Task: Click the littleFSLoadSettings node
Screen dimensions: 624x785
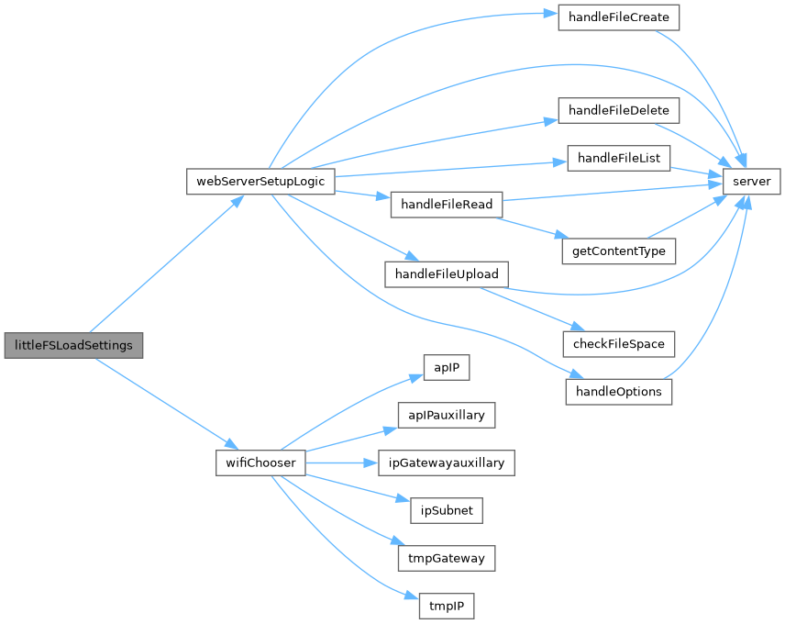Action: (74, 346)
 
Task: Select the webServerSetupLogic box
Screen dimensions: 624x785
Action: (260, 181)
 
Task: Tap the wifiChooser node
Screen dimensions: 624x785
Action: (260, 462)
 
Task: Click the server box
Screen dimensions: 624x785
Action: (752, 181)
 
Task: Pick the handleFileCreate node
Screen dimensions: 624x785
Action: (619, 17)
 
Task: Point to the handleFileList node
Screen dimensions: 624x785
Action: (619, 158)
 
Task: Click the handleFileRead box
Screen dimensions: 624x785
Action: (447, 205)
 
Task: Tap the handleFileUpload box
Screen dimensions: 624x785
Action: (447, 274)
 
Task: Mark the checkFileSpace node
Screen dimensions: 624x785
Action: (619, 345)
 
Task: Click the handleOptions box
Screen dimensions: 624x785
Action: (619, 392)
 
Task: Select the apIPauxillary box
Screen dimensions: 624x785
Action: (447, 416)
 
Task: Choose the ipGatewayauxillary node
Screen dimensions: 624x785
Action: (447, 462)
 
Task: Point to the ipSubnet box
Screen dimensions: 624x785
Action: (447, 510)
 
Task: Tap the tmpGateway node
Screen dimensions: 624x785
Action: (447, 557)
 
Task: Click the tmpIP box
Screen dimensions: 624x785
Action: (447, 605)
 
